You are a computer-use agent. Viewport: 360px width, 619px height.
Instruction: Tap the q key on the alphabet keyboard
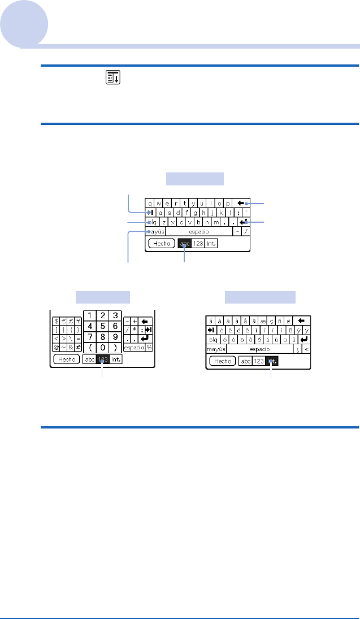(x=150, y=203)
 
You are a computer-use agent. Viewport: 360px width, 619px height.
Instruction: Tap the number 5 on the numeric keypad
(x=102, y=326)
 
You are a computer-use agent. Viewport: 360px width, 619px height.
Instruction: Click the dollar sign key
(x=57, y=320)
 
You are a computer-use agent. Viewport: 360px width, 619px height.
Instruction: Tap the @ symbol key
(x=57, y=348)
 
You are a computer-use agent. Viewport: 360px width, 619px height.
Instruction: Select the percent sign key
(x=149, y=347)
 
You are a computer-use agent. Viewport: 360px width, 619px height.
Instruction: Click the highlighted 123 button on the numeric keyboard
(x=102, y=359)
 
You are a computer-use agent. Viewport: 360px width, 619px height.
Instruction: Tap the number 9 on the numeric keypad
(x=115, y=337)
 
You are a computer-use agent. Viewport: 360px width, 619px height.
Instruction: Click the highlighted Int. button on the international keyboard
(x=272, y=361)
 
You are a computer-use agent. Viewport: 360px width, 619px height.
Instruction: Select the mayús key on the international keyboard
(x=216, y=349)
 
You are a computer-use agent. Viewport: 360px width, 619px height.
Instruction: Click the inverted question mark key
(x=297, y=349)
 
